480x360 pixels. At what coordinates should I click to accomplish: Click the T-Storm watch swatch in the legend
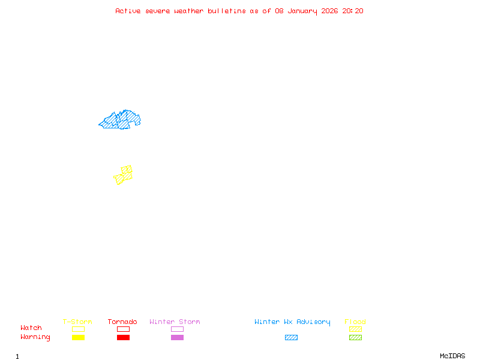[x=78, y=329]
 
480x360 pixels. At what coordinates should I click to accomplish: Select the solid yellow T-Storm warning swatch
[x=78, y=337]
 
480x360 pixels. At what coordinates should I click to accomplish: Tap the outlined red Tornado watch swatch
[x=123, y=329]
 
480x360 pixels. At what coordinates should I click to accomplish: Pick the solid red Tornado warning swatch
[x=123, y=337]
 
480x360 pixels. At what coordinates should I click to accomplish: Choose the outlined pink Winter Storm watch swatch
[x=177, y=329]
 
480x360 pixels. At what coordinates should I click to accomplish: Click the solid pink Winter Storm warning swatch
[x=177, y=337]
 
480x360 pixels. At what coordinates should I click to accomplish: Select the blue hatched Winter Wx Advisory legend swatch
[x=291, y=337]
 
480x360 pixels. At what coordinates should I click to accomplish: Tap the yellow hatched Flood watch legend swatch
[x=355, y=329]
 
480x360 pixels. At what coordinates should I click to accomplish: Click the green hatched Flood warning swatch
[x=355, y=337]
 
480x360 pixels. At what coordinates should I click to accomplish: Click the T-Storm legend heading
[x=77, y=322]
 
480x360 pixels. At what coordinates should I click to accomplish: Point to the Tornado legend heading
[x=122, y=322]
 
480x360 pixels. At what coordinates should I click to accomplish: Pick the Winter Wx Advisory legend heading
[x=292, y=322]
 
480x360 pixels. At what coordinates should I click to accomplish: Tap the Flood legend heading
[x=355, y=322]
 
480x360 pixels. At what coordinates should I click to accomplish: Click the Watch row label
[x=31, y=328]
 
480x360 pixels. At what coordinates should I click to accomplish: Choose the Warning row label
[x=35, y=337]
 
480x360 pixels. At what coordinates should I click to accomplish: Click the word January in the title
[x=305, y=11]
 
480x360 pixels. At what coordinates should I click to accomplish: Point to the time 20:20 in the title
[x=353, y=11]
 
